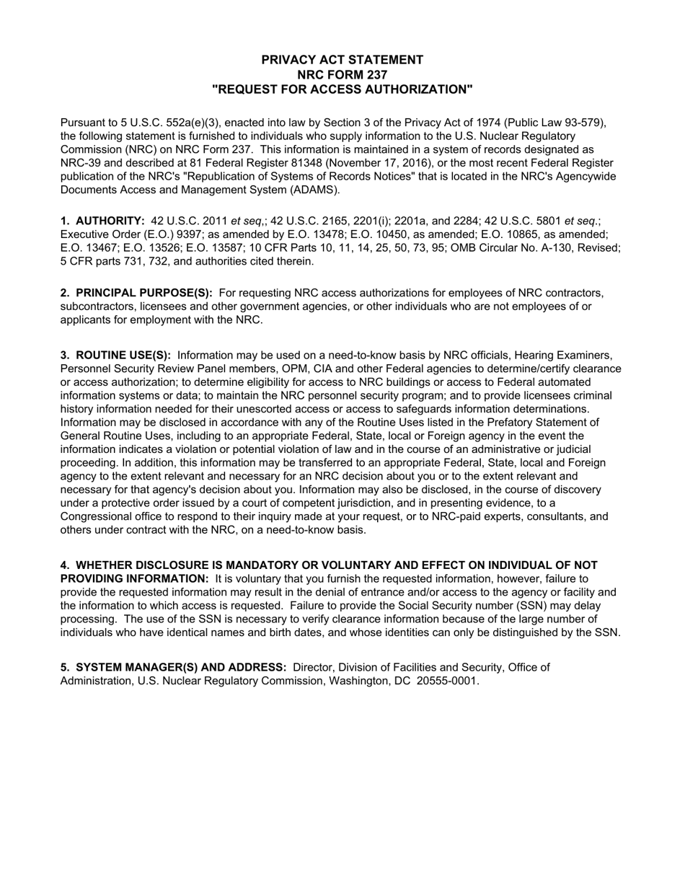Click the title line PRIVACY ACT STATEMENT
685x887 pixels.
point(342,60)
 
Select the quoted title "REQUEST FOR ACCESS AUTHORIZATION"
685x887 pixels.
point(342,89)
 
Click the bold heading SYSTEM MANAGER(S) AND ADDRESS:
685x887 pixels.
point(181,667)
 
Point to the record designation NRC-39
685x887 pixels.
point(81,163)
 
